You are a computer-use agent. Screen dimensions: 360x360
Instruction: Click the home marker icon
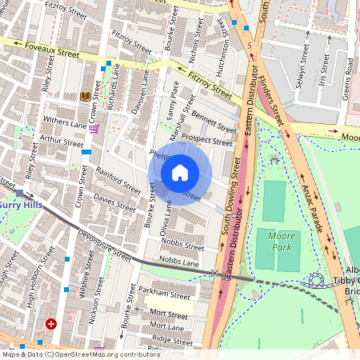(180, 172)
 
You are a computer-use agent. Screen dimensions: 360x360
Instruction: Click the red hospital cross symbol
(51, 324)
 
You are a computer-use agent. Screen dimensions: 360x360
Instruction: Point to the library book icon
(85, 97)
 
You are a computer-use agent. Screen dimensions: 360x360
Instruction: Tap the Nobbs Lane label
(178, 262)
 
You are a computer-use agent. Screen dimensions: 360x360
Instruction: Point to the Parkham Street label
(162, 290)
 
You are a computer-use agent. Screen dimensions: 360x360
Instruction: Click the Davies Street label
(114, 200)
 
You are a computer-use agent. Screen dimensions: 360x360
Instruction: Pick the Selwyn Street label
(298, 78)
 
